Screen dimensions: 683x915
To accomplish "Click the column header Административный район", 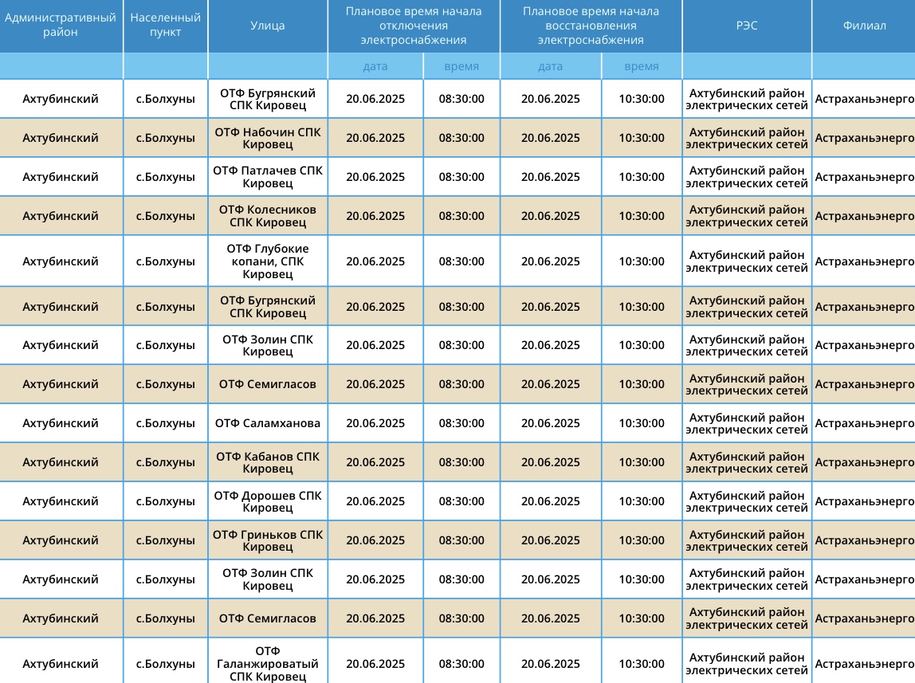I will click(x=61, y=25).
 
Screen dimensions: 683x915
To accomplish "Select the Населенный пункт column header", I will click(x=165, y=25).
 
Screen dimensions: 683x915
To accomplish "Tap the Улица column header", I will click(x=267, y=26).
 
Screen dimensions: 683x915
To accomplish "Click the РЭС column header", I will click(x=747, y=26).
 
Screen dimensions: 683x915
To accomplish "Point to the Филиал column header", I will click(x=864, y=26).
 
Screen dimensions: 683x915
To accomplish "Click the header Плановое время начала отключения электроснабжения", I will click(x=414, y=26).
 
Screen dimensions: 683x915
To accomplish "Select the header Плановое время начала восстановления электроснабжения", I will click(x=591, y=26).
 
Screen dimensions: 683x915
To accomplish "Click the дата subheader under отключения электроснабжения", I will click(x=375, y=66).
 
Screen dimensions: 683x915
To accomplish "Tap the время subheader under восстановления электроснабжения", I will click(x=641, y=66).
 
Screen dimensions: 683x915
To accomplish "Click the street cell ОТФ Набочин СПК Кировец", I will click(x=268, y=138).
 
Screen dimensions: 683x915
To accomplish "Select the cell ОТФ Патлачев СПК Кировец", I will click(x=268, y=177).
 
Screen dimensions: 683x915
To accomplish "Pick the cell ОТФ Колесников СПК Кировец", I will click(x=268, y=216).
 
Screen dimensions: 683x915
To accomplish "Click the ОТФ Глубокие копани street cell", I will click(x=268, y=261).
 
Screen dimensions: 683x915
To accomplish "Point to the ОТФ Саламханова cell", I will click(x=268, y=423).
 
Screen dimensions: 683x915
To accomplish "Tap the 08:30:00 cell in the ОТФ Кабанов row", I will click(x=461, y=462).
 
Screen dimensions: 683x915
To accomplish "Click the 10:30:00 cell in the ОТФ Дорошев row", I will click(x=641, y=501).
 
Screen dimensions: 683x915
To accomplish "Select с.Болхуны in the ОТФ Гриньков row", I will click(x=165, y=540).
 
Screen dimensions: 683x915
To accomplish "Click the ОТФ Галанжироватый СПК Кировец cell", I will click(x=268, y=664).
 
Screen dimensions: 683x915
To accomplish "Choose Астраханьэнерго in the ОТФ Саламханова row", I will click(x=864, y=423).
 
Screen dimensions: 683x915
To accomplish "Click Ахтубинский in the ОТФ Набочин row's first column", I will click(x=61, y=138).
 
